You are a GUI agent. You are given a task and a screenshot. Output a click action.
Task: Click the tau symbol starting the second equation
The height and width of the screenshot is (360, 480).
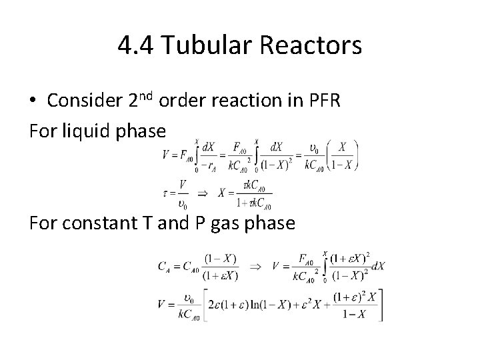(164, 193)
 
